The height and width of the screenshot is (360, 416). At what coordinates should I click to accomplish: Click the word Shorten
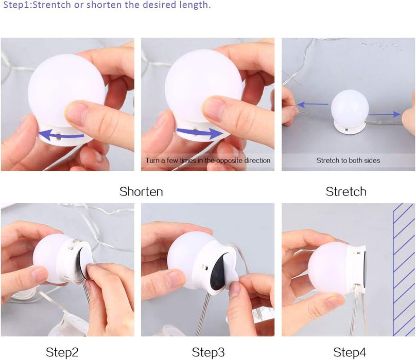141,191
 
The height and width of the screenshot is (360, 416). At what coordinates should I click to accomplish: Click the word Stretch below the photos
346,191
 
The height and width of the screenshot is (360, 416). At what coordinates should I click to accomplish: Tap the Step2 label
62,353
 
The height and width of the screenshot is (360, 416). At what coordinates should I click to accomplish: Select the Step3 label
208,353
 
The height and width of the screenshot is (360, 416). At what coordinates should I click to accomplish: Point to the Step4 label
350,353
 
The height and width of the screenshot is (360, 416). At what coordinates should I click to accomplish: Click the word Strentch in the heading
53,5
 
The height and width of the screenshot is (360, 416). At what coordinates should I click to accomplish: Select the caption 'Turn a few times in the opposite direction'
207,160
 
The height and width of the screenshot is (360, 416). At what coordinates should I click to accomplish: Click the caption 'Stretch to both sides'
348,160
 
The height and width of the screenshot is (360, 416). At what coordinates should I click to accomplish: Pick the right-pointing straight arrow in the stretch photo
385,114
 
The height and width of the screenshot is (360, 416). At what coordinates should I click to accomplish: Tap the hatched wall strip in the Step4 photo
404,269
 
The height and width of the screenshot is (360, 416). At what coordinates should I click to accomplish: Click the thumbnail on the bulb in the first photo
77,112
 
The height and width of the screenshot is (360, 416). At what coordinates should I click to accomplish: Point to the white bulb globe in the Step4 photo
329,268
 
